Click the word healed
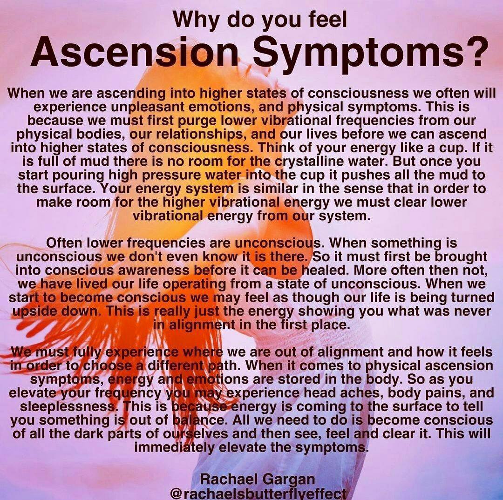click(327, 270)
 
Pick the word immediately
click(174, 447)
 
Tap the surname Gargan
click(288, 480)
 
